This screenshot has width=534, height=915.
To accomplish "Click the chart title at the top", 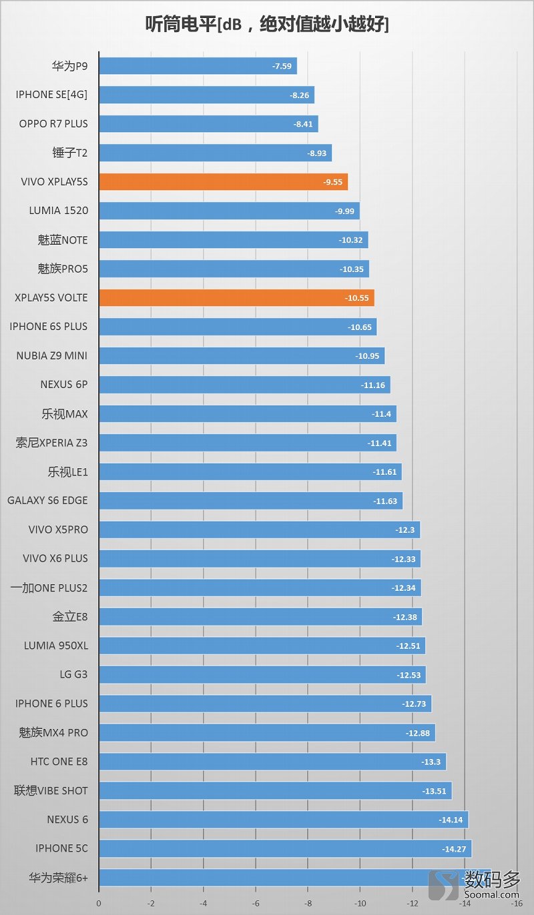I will tap(267, 25).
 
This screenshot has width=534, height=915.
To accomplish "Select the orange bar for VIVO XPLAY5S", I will tap(223, 181).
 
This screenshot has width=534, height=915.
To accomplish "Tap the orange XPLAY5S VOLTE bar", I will tap(236, 297).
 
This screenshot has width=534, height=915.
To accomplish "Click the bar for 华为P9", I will tap(198, 66).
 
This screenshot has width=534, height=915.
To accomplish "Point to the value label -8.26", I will tap(299, 95).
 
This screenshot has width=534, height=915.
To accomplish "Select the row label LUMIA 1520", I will tap(59, 211).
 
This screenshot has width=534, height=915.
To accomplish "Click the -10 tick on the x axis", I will tap(360, 904).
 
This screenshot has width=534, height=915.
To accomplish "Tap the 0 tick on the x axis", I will tap(99, 904).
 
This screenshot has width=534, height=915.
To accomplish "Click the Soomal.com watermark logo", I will tap(475, 886).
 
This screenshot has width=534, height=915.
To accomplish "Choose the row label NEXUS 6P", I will tap(64, 385).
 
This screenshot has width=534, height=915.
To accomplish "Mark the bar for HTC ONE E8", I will tap(272, 762).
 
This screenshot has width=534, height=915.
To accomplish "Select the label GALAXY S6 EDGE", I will tap(47, 500).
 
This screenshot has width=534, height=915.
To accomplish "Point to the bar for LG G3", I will tap(262, 675).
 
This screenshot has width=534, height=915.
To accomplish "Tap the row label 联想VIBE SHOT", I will tap(51, 790).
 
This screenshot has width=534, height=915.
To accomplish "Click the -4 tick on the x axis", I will tap(203, 904).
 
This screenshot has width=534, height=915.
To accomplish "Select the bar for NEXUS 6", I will tap(283, 820).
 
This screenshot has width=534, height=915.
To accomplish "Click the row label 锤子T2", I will tap(69, 153).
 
